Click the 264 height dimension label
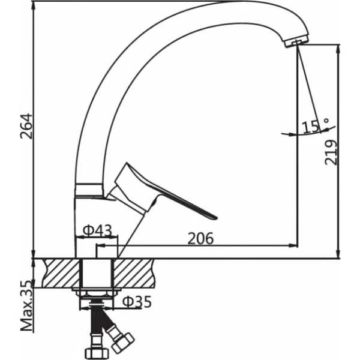pyautogui.click(x=26, y=126)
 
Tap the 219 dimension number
pyautogui.click(x=331, y=152)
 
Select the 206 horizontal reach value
pyautogui.click(x=200, y=238)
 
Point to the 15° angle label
pyautogui.click(x=315, y=125)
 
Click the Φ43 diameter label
pyautogui.click(x=97, y=230)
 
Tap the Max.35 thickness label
pyautogui.click(x=26, y=305)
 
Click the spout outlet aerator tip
pyautogui.click(x=296, y=43)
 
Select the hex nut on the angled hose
pyautogui.click(x=123, y=343)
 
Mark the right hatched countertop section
pyautogui.click(x=134, y=273)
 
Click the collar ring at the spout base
pyautogui.click(x=89, y=190)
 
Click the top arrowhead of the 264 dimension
pyautogui.click(x=34, y=7)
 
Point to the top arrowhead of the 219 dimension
pyautogui.click(x=338, y=49)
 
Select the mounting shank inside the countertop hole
pyautogui.click(x=97, y=273)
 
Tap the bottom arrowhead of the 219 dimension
pyautogui.click(x=338, y=253)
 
